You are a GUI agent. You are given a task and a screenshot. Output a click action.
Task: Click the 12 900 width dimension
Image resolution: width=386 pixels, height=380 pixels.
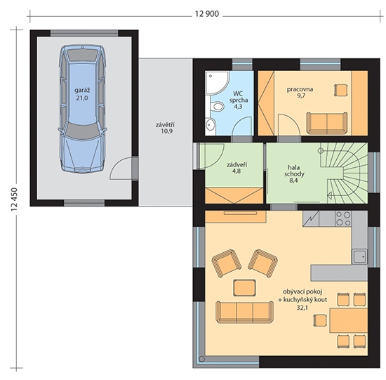pyautogui.click(x=207, y=14)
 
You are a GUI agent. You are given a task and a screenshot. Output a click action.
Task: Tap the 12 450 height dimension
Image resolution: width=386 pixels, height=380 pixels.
pyautogui.click(x=14, y=199)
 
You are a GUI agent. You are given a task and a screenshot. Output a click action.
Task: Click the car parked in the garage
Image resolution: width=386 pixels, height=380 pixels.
pyautogui.click(x=83, y=108)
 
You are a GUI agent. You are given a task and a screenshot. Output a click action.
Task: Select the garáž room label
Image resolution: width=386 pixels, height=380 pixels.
pyautogui.click(x=82, y=90)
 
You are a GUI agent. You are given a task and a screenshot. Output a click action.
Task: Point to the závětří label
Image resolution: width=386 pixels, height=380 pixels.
pyautogui.click(x=165, y=125)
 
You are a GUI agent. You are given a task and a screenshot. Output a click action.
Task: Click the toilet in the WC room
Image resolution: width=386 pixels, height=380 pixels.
pyautogui.click(x=217, y=107)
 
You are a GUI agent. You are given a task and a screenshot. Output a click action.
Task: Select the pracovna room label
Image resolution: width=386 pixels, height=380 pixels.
pyautogui.click(x=300, y=89)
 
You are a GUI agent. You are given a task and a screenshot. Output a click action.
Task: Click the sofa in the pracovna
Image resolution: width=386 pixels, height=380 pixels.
pyautogui.click(x=326, y=123)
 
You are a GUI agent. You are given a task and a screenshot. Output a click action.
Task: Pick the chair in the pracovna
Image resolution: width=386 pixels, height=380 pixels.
pyautogui.click(x=340, y=90)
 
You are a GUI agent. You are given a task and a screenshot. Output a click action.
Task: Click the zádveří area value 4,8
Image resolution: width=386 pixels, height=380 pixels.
pyautogui.click(x=237, y=171)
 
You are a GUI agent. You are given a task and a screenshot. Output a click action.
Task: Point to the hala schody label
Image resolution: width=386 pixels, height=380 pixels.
pyautogui.click(x=295, y=171)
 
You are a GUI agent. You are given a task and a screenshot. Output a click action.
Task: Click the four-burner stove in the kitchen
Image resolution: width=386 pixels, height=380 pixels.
pyautogui.click(x=343, y=218)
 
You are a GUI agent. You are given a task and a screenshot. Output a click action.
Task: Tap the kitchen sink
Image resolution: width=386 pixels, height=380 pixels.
pyautogui.click(x=359, y=256)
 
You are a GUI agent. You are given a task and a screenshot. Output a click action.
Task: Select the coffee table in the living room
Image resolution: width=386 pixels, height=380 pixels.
pyautogui.click(x=244, y=287)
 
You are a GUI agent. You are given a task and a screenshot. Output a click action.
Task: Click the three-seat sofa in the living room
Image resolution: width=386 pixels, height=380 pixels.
pyautogui.click(x=245, y=312)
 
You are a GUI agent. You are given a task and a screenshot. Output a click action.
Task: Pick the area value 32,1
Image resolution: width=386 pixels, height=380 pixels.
pyautogui.click(x=302, y=308)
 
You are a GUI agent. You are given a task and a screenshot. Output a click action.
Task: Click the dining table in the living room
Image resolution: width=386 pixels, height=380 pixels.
pyautogui.click(x=348, y=320)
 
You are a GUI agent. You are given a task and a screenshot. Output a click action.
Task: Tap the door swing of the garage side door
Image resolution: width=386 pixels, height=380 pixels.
pyautogui.click(x=121, y=168)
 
